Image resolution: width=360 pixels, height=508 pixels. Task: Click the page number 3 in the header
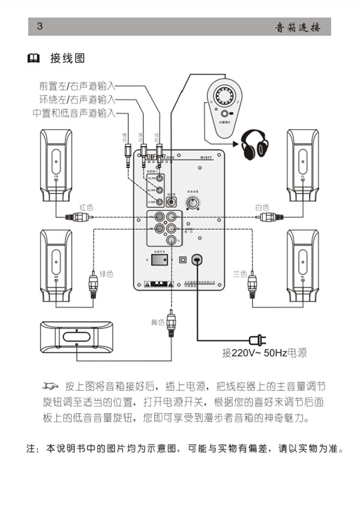point(40,26)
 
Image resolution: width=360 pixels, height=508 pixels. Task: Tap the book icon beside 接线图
point(34,58)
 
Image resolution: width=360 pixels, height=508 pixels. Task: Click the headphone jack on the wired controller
point(224,114)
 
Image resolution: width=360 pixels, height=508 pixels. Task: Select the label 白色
point(262,207)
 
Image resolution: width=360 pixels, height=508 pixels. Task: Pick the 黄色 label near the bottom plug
point(157,322)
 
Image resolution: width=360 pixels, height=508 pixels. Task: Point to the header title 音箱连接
point(298,27)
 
